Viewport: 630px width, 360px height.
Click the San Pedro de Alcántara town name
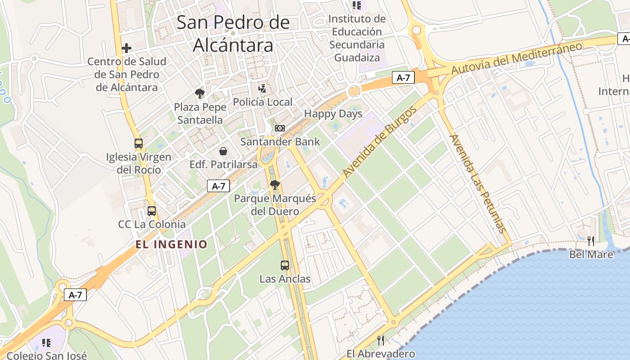pos(233,34)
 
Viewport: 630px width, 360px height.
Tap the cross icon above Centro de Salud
pos(126,48)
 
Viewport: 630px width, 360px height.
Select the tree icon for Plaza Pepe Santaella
pos(200,94)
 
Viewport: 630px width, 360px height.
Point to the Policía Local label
pos(262,102)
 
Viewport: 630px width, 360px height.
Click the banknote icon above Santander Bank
pos(280,128)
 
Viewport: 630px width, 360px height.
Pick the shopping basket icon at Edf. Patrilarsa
pos(223,151)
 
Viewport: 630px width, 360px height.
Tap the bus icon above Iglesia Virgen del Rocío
pos(139,144)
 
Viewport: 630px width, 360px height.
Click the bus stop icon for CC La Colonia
pos(152,211)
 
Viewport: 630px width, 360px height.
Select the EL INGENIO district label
pos(171,244)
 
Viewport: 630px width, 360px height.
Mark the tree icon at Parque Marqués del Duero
pos(274,184)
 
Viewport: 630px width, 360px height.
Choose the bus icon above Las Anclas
pos(284,265)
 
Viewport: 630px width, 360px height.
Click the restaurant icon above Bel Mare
pos(591,241)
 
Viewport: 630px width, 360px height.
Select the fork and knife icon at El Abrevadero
pos(381,340)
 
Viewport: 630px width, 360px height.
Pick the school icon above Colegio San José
pos(46,343)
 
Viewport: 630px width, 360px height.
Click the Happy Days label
pos(333,114)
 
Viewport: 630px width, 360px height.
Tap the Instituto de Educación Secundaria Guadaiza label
pos(357,38)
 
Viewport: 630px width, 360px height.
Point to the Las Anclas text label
pos(285,279)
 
